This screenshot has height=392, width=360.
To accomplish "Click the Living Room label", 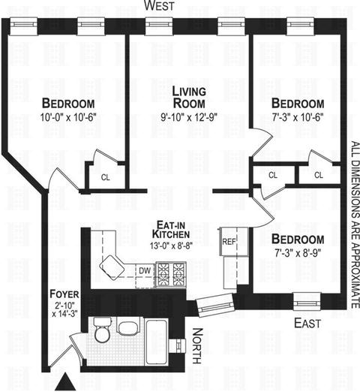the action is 189,98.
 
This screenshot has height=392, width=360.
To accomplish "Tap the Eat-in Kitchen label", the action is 171,230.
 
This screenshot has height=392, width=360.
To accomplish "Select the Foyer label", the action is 64,294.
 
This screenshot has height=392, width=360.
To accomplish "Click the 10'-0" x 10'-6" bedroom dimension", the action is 68,117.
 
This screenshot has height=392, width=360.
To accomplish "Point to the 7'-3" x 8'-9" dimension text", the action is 298,253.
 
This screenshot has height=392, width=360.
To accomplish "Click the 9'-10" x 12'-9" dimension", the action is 189,117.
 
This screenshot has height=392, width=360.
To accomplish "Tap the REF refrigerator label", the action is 229,242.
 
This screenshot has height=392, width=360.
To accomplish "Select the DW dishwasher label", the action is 145,270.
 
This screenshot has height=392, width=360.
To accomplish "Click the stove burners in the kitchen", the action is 171,274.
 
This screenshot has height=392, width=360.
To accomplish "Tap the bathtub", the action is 157,342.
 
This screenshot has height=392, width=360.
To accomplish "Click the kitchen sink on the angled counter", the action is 112,267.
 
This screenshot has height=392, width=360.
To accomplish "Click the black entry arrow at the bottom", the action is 65,381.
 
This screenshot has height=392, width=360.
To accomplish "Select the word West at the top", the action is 159,6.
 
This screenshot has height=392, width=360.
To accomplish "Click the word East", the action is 307,323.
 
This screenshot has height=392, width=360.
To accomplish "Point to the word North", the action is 197,346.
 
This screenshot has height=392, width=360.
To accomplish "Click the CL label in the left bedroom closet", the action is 105,177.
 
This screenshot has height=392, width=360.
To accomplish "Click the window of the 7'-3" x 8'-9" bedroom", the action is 307,301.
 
